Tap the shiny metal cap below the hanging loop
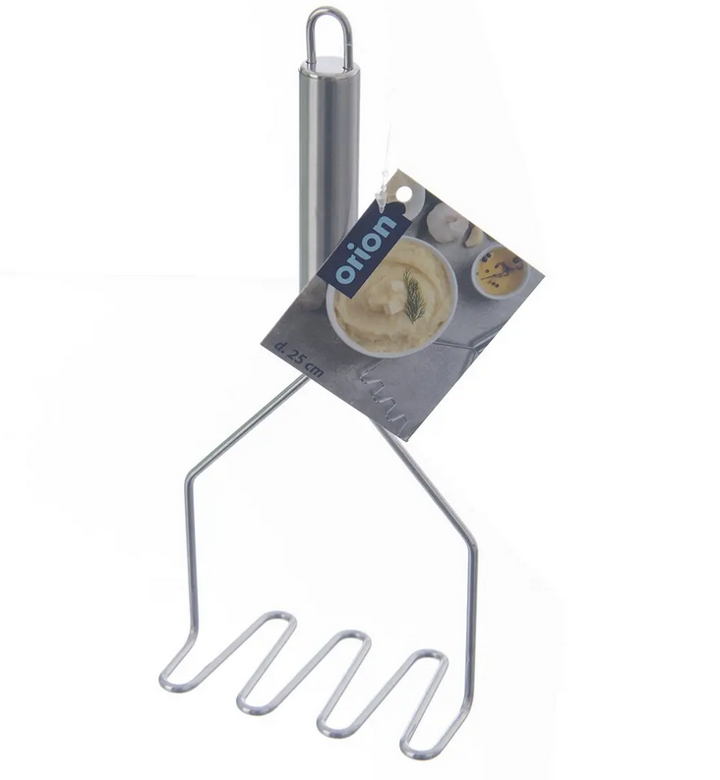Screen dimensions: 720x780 click(329, 64)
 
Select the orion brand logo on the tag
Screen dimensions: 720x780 click(365, 251)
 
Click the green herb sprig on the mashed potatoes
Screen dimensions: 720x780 click(414, 296)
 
